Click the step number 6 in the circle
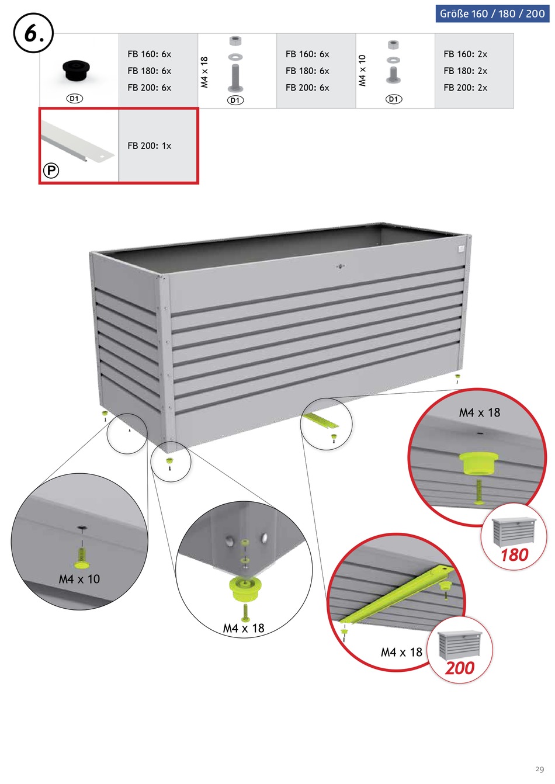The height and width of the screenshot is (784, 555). [x=33, y=33]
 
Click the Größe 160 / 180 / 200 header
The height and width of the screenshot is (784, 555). [x=492, y=13]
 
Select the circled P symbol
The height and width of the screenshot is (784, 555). [x=51, y=171]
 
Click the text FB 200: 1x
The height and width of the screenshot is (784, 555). [x=150, y=146]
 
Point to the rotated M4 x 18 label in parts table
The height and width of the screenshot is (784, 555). [x=204, y=72]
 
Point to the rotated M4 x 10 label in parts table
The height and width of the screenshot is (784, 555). [x=362, y=71]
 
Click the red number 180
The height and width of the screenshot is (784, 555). [x=514, y=555]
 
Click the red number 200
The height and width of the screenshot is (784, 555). [x=460, y=668]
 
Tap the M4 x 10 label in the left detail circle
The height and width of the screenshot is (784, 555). [x=79, y=579]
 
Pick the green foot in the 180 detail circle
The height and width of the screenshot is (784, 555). [x=478, y=463]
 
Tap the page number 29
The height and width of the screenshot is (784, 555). [x=539, y=769]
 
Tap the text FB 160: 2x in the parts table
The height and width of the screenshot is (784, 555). [x=465, y=54]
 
